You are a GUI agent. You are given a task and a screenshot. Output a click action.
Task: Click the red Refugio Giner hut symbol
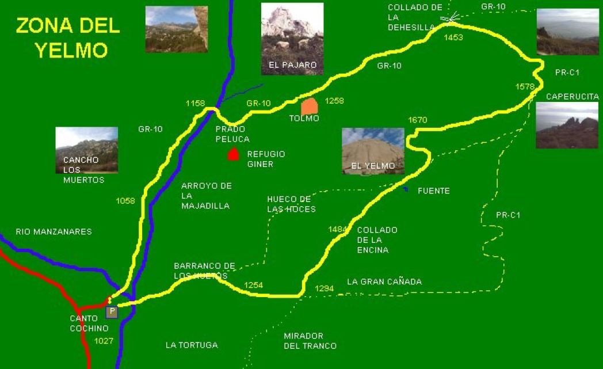(x=233, y=154)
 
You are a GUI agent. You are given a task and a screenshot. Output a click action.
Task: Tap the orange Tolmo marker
(x=310, y=106)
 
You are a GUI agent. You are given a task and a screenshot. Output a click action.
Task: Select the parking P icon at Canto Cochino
(x=112, y=312)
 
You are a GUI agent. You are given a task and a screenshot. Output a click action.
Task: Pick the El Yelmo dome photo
(x=373, y=151)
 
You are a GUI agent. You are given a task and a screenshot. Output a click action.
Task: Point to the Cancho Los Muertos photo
(x=86, y=150)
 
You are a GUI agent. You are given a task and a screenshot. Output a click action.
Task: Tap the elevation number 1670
(x=418, y=120)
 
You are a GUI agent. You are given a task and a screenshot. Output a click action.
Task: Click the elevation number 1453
(x=453, y=37)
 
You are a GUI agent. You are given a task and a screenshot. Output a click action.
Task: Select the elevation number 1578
(x=525, y=86)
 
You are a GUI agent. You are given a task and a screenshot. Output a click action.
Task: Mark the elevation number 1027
(x=104, y=341)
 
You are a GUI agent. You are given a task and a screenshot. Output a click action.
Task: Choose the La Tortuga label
(x=192, y=345)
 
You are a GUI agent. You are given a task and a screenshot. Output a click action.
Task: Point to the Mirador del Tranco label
(x=310, y=341)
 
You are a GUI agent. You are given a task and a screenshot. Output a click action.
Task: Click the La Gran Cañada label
(x=384, y=281)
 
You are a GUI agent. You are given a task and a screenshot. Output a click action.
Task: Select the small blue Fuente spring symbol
(x=406, y=189)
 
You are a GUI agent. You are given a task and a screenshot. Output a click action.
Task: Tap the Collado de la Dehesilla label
(x=415, y=17)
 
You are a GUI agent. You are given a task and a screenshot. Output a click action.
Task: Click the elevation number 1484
(x=338, y=229)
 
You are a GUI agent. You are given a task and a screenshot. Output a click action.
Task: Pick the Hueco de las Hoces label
(x=291, y=204)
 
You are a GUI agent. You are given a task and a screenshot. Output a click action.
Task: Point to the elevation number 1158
(x=196, y=103)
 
